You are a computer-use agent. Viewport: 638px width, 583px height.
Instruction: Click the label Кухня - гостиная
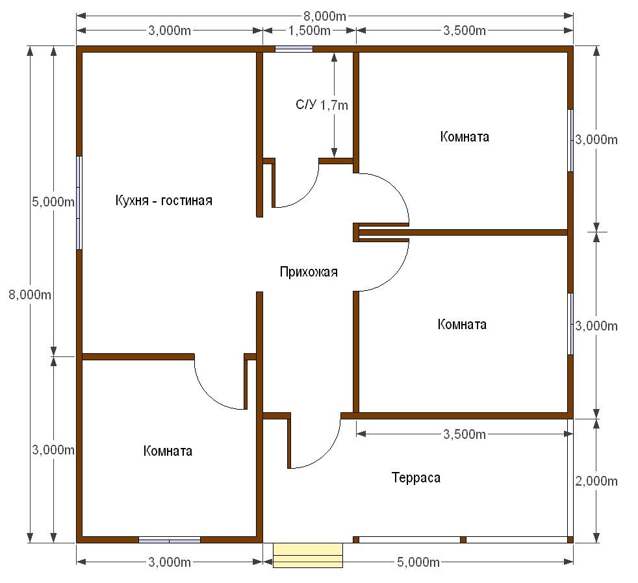pos(164,201)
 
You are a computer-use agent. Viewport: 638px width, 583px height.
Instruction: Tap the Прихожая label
pos(309,271)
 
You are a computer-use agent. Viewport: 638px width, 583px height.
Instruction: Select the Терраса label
pos(416,477)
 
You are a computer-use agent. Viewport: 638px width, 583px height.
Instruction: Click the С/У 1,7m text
pos(322,105)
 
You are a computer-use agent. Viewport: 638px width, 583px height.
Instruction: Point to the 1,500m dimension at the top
pos(310,31)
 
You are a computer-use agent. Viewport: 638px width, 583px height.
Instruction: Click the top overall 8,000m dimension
pos(325,16)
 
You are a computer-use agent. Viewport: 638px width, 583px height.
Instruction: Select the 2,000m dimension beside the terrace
pos(596,481)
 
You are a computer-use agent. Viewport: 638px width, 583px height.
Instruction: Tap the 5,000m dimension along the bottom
pos(418,562)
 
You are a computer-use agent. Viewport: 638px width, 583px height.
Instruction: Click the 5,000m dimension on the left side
pos(53,201)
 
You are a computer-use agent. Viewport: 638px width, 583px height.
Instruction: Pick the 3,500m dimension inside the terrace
pos(465,434)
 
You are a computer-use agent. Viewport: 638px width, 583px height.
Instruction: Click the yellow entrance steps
pos(308,555)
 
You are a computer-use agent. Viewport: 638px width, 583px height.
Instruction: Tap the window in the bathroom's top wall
pos(294,49)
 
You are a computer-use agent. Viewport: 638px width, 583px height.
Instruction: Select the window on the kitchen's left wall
pos(79,203)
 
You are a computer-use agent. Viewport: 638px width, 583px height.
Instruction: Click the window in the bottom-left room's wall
pos(170,540)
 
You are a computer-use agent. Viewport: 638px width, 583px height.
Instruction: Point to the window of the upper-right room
pos(570,140)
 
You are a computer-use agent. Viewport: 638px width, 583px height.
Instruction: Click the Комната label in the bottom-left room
pos(168,451)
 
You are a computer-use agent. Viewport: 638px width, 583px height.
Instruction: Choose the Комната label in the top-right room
pos(465,136)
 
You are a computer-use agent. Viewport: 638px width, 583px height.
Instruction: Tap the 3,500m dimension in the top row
pos(465,31)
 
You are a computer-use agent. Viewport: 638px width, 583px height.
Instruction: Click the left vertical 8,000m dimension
pos(30,294)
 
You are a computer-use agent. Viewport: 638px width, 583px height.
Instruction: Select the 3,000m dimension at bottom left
pos(170,562)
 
